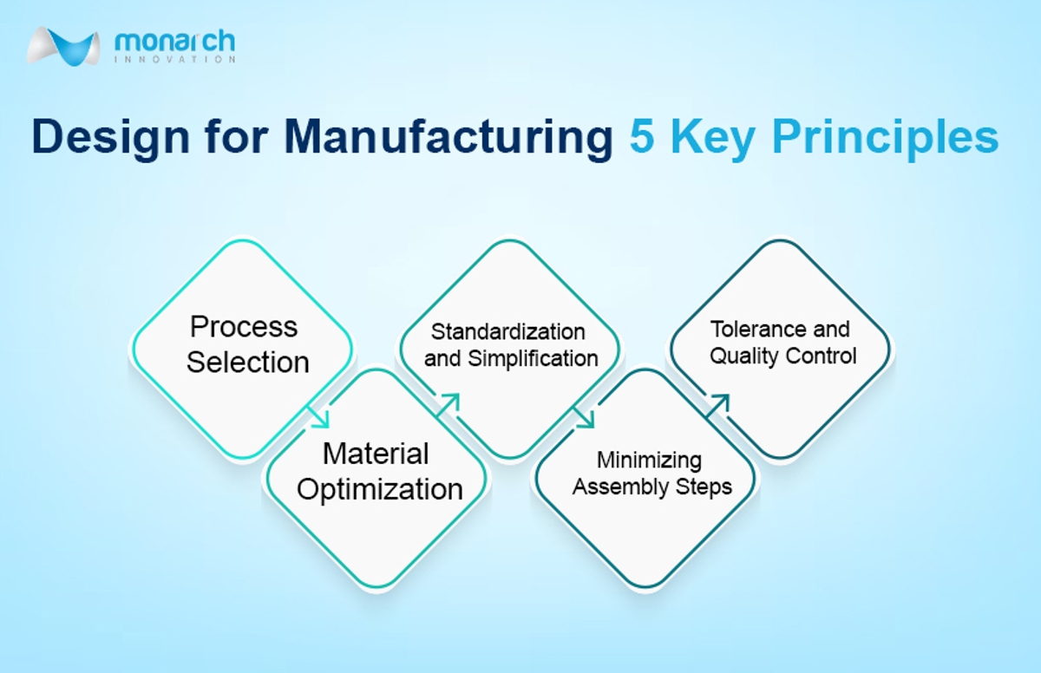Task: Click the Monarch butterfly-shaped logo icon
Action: coord(63,47)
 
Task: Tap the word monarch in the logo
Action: coord(174,42)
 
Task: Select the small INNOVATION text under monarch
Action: coord(174,60)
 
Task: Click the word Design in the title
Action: coord(110,138)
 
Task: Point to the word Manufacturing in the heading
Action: coord(448,136)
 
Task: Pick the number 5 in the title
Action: coord(642,136)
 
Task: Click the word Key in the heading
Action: coord(712,138)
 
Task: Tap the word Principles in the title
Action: coord(886,138)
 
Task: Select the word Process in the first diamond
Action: coord(244,326)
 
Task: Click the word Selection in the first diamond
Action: coord(248,363)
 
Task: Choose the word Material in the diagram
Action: coord(376,454)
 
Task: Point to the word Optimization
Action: coord(380,490)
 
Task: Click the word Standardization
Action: coord(508,332)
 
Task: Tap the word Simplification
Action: coord(533,358)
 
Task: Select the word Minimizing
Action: coord(649,461)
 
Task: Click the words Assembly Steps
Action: coord(652,487)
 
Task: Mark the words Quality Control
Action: coord(783,356)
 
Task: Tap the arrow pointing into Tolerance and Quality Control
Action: coord(717,406)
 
